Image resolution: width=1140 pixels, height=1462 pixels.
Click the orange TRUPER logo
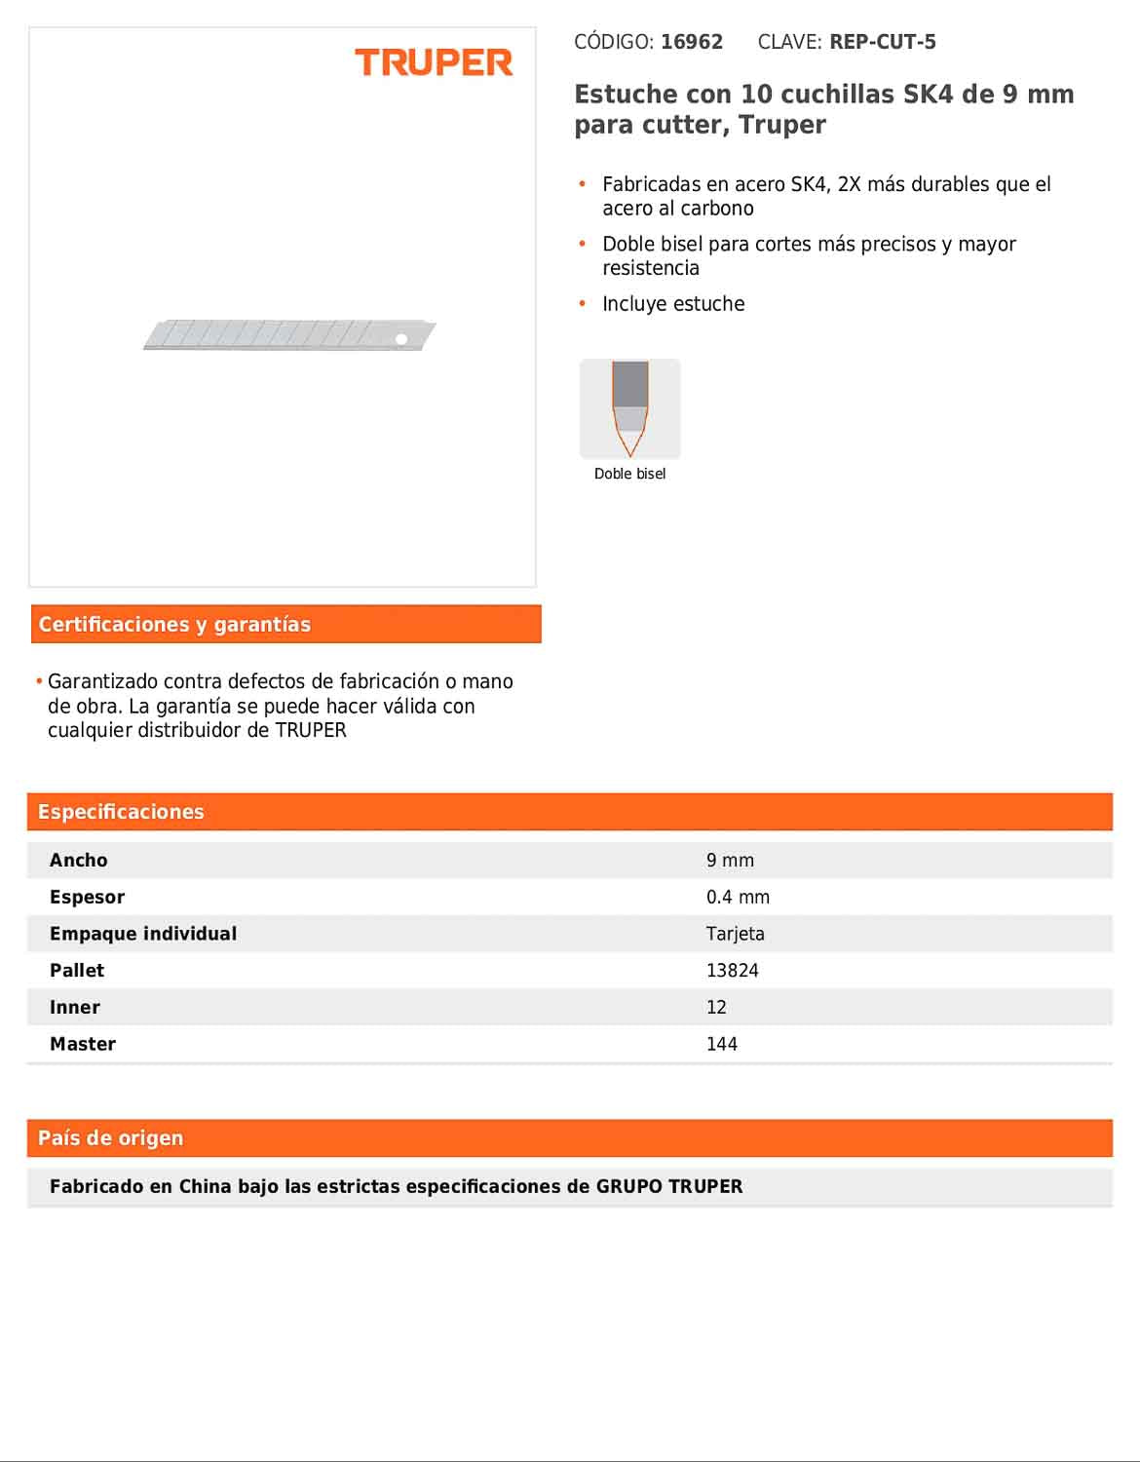point(434,63)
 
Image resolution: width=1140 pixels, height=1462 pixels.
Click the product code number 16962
point(692,42)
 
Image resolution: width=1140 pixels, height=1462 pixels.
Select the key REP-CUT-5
point(883,42)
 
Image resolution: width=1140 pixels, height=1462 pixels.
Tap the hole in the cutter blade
point(400,339)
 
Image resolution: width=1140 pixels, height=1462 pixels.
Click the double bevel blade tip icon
point(630,408)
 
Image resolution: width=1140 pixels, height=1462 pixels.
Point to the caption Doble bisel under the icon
point(630,474)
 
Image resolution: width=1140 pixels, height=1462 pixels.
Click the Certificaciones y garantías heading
point(174,625)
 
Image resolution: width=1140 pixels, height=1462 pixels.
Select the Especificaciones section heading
point(121,812)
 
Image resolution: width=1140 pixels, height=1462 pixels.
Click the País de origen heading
point(110,1137)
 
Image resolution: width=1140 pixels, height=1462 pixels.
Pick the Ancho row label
point(79,861)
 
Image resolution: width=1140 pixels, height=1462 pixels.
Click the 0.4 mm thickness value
point(738,897)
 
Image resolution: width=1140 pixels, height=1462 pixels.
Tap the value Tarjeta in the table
point(736,934)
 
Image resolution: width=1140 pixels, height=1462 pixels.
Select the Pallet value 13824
point(733,971)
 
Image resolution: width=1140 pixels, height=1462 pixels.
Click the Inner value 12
point(717,1008)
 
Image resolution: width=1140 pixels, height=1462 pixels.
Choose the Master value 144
point(722,1044)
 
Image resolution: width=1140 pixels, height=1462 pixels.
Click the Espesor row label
point(88,897)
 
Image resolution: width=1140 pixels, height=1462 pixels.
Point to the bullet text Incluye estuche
point(673,304)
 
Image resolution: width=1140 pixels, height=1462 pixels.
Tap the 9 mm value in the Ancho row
point(730,861)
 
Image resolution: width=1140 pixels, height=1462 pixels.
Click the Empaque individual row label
point(143,934)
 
